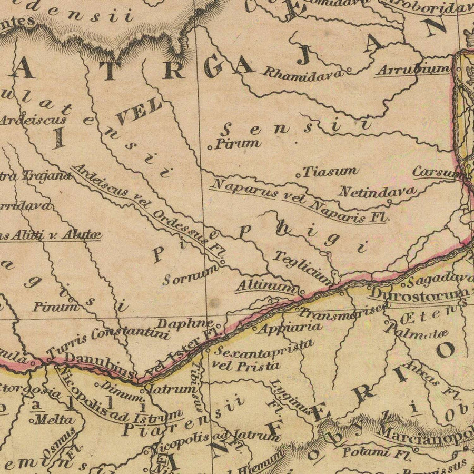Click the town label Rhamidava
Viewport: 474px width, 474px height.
[x=303, y=73]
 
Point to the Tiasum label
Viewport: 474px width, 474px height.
[x=330, y=171]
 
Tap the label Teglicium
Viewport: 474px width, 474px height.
[x=303, y=266]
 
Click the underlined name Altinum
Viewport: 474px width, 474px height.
[x=266, y=287]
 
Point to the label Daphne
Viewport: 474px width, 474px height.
[x=185, y=323]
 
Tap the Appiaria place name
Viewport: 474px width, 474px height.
[x=289, y=327]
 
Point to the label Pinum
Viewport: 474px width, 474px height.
[x=55, y=306]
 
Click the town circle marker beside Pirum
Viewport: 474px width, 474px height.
[x=210, y=147]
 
